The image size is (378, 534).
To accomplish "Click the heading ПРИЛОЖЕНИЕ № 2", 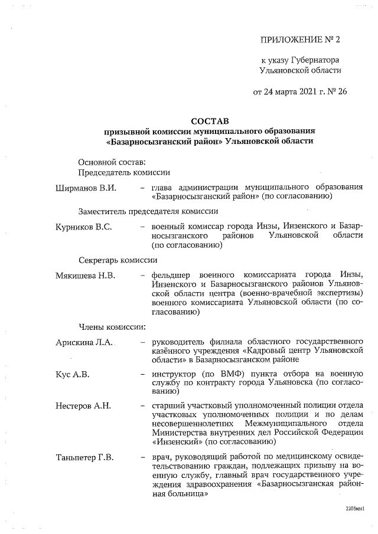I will click(301, 40).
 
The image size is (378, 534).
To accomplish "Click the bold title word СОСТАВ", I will click(209, 120).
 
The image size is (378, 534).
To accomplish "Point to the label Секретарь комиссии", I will click(118, 260).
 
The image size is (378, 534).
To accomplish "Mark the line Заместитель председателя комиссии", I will click(148, 211).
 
